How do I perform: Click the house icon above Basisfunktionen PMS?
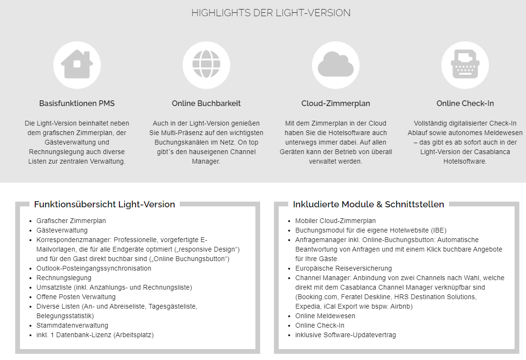[x=77, y=65]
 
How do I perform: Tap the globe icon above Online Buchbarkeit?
[x=206, y=65]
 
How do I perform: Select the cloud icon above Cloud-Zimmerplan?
[x=336, y=65]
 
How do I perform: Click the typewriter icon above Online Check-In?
[x=465, y=65]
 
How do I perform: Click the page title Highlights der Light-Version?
[x=271, y=13]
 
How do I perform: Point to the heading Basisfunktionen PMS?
[x=77, y=103]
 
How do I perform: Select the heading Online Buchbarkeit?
[x=206, y=103]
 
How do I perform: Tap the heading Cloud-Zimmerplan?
[x=336, y=103]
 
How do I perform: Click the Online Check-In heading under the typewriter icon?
[x=465, y=103]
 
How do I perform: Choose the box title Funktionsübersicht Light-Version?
[x=105, y=204]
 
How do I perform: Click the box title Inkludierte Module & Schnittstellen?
[x=369, y=204]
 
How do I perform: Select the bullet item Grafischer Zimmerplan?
[x=71, y=221]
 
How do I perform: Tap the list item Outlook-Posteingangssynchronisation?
[x=94, y=268]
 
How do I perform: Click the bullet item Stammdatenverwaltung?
[x=72, y=325]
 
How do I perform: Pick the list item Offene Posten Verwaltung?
[x=76, y=297]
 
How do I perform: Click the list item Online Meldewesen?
[x=325, y=316]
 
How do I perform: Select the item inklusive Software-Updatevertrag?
[x=345, y=335]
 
